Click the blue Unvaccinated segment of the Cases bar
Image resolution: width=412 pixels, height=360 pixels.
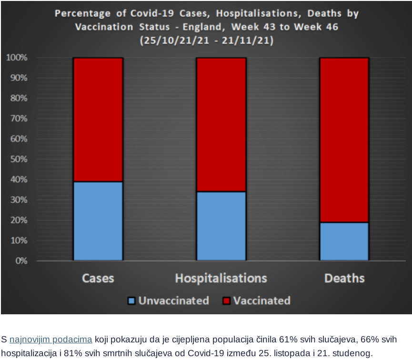click(x=98, y=221)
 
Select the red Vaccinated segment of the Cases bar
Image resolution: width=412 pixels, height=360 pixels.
click(x=98, y=119)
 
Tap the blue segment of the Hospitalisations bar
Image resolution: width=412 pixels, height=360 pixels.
click(x=221, y=226)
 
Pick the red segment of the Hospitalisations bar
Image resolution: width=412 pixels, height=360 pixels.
click(x=221, y=124)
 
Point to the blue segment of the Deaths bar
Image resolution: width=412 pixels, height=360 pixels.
click(x=344, y=241)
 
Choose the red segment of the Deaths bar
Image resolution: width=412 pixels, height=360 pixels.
click(x=344, y=140)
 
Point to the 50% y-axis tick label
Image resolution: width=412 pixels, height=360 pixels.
click(x=18, y=159)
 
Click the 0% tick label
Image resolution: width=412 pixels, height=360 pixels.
click(x=20, y=261)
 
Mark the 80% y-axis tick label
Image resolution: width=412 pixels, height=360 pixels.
click(x=18, y=98)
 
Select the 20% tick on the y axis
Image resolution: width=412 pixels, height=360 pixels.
click(x=18, y=220)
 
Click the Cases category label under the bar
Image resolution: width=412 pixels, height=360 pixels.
click(x=98, y=278)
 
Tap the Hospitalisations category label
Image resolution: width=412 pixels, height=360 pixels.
click(x=221, y=278)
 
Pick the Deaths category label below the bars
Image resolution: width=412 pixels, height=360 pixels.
click(x=344, y=278)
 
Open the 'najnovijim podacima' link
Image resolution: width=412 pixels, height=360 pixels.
click(x=51, y=340)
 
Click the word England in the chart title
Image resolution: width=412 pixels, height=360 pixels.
click(x=205, y=27)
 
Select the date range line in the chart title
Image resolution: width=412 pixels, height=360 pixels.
click(x=206, y=41)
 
